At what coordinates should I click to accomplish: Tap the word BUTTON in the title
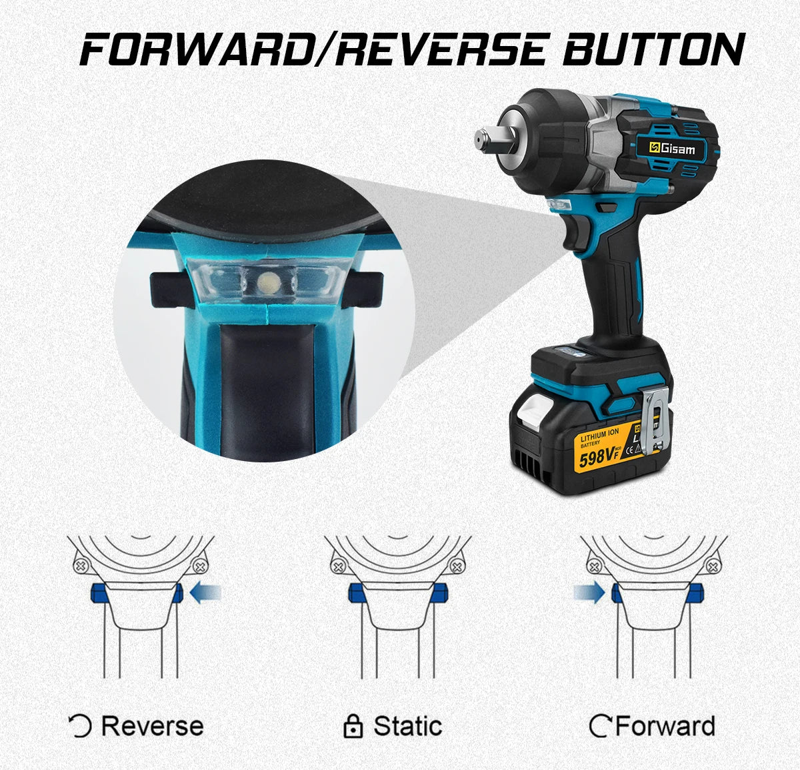coord(653,50)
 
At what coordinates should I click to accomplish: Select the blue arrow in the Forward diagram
coord(589,591)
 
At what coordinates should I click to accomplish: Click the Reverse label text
coord(152,725)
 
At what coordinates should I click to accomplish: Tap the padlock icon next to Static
coord(353,727)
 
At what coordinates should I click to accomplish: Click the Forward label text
coord(665,725)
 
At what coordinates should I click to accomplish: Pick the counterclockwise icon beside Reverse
coord(81,726)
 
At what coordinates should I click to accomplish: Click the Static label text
coord(407,725)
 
